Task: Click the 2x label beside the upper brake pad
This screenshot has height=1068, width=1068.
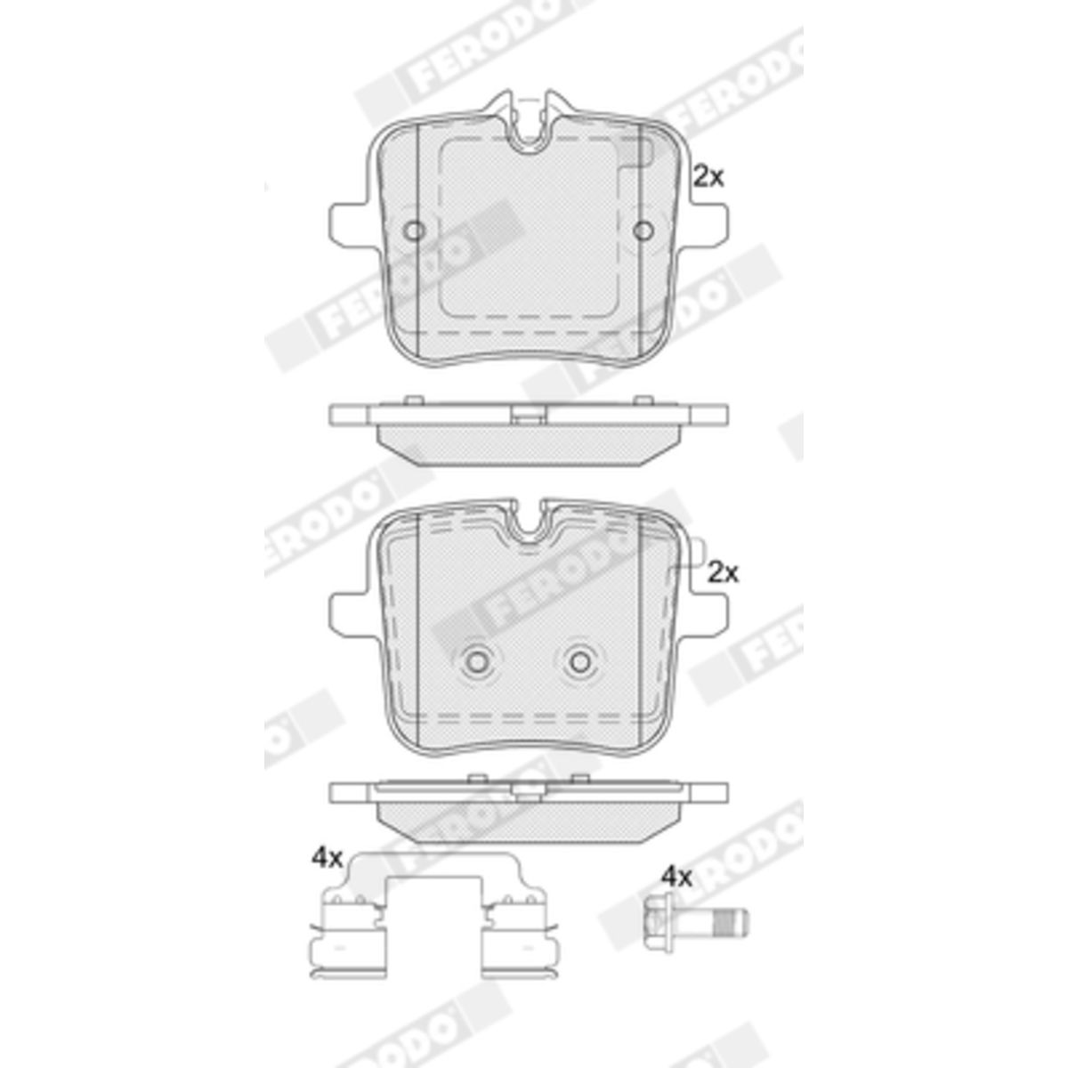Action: click(708, 177)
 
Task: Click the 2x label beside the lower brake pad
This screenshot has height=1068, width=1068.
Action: click(724, 573)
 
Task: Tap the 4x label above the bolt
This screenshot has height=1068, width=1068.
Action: click(677, 893)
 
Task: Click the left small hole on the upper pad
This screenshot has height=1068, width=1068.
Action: click(414, 231)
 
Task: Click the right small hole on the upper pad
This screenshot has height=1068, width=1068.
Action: click(643, 231)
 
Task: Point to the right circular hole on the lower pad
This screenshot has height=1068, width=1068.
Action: click(581, 661)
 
